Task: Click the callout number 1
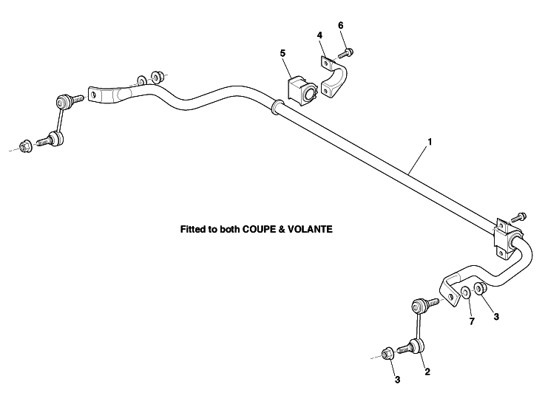point(430,142)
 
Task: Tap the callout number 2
point(427,372)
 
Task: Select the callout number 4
point(319,35)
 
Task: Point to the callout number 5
point(282,53)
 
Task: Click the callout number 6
point(341,25)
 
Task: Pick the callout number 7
point(472,321)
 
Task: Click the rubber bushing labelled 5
point(302,91)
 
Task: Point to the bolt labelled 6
point(346,53)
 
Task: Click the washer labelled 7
point(465,293)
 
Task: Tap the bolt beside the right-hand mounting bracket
point(519,217)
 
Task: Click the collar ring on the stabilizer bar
point(277,106)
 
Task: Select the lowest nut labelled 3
point(387,354)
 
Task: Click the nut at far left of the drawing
point(25,146)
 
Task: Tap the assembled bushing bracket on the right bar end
point(507,239)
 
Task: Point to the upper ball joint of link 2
point(420,307)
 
